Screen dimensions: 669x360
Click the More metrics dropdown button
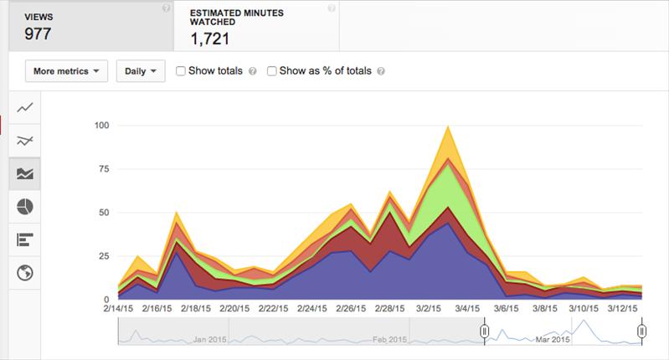(x=66, y=71)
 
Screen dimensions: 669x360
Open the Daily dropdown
(x=141, y=71)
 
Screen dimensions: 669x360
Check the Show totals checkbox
(x=181, y=71)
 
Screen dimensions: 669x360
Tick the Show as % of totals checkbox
(x=271, y=71)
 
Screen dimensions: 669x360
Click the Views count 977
(x=38, y=33)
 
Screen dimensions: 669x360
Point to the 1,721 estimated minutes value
(x=210, y=39)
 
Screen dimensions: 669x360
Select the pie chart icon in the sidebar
(x=25, y=207)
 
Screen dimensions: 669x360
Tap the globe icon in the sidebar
(x=25, y=273)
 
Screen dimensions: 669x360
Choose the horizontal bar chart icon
(x=25, y=239)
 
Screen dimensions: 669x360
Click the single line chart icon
(x=25, y=107)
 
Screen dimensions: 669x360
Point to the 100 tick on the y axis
(x=101, y=126)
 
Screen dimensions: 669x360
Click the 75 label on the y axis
(x=104, y=169)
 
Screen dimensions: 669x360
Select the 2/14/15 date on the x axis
(x=118, y=308)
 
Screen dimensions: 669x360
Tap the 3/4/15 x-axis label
(x=467, y=308)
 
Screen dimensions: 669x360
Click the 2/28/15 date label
(x=389, y=308)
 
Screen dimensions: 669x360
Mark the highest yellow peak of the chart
(x=448, y=126)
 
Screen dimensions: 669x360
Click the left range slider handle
(x=484, y=331)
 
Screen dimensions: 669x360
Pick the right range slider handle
(x=641, y=331)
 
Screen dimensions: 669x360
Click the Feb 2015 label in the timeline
(x=389, y=340)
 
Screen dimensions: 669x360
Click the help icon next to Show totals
(x=253, y=71)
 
